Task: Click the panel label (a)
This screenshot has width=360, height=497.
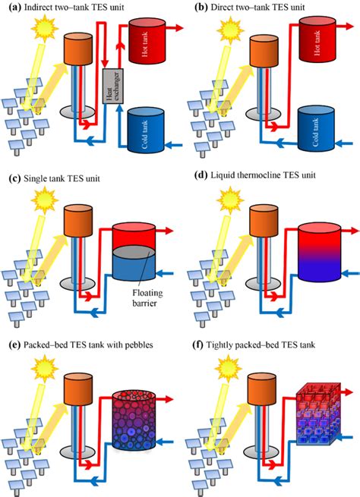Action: point(12,6)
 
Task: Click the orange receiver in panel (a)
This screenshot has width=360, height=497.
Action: point(77,49)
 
